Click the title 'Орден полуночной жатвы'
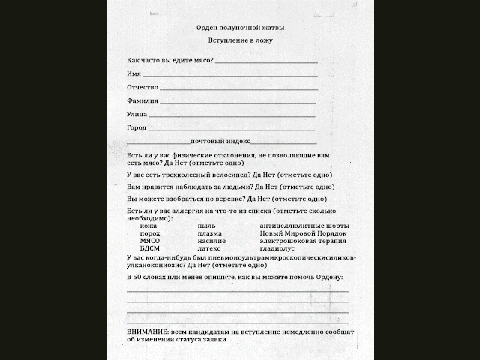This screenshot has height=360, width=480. tap(241, 27)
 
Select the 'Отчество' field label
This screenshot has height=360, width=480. tap(142, 87)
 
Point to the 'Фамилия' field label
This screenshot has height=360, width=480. tap(142, 100)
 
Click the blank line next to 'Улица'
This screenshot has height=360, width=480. tap(232, 116)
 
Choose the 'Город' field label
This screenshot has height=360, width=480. tap(137, 127)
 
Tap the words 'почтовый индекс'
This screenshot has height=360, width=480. tap(220, 141)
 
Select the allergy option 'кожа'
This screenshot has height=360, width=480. tap(148, 226)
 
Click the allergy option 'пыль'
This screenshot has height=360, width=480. tap(206, 226)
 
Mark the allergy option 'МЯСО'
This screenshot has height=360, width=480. tap(151, 241)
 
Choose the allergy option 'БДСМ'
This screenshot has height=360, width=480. tap(151, 248)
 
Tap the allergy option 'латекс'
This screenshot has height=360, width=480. tap(210, 248)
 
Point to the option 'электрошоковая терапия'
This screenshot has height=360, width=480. tap(303, 241)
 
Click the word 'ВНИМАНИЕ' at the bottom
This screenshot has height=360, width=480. tap(149, 331)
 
